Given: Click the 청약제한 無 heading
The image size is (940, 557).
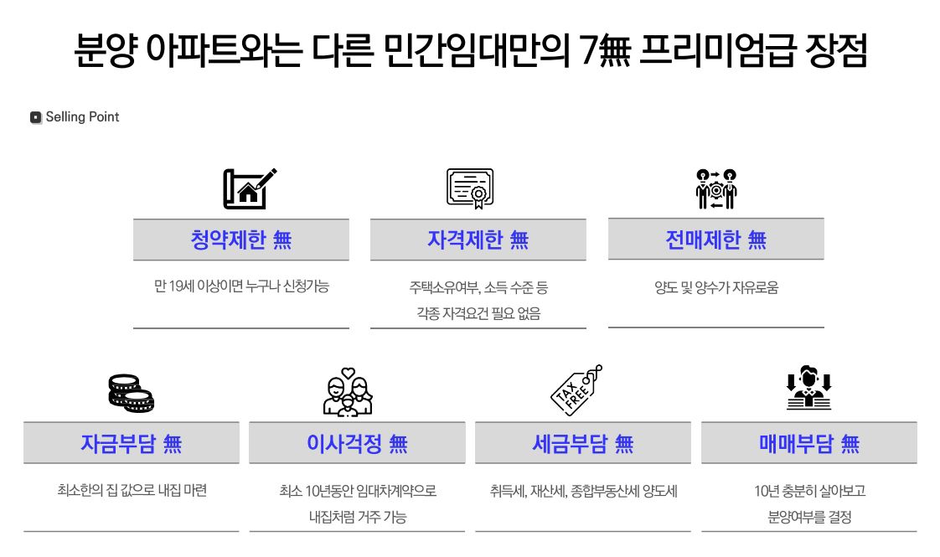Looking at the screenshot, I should point(241,240).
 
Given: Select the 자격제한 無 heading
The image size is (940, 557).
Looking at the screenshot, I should point(478,240).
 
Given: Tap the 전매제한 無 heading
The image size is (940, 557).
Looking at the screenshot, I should point(715,240).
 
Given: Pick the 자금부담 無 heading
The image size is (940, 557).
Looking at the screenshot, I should point(131,443).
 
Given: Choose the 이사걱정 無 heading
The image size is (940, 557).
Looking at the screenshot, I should point(357,443).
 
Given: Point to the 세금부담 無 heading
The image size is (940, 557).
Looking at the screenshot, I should point(582,443).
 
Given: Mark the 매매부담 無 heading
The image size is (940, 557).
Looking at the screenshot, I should point(808,443).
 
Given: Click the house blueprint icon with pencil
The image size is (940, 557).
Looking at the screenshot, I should point(249,189).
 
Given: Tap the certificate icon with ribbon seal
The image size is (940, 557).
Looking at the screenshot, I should point(470,188).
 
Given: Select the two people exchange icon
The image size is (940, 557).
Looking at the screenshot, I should point(716,189).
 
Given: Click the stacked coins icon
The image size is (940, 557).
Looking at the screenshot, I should point(131,393).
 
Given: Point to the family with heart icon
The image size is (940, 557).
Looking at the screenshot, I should point(348,392).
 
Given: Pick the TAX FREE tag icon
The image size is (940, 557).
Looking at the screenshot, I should point(576,390).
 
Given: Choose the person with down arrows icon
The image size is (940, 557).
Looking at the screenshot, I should point(808,389).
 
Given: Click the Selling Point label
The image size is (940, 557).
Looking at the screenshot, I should point(82,117).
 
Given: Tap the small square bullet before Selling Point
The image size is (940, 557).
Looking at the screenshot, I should point(36,118).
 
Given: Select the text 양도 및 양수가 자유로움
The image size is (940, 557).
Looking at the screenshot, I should point(715,287).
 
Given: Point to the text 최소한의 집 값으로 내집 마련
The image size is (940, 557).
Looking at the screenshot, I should point(131,490).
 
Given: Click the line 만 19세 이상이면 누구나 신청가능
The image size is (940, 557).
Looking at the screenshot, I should point(241,286).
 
